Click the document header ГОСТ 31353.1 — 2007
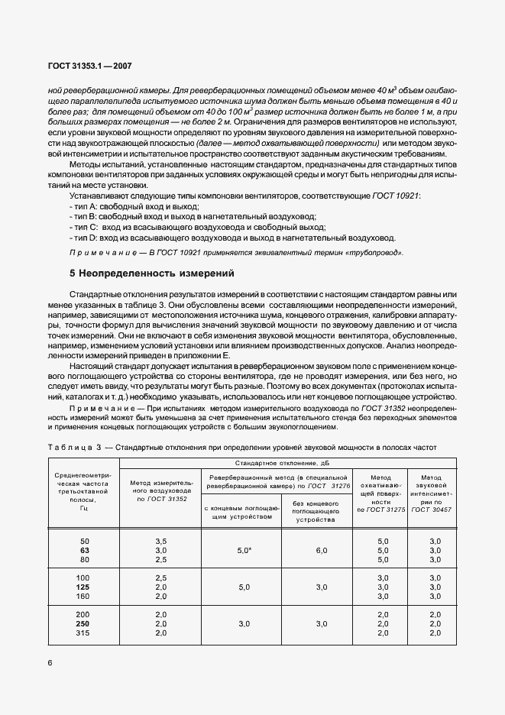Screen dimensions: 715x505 (89, 66)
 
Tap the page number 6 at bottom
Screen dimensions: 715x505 (50, 662)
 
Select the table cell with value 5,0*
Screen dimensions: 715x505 (241, 549)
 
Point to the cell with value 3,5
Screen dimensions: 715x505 (160, 541)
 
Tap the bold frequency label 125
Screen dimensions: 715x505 (84, 587)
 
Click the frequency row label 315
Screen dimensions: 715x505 (84, 632)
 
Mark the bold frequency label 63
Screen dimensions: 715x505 (84, 549)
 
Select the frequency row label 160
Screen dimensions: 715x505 (84, 596)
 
